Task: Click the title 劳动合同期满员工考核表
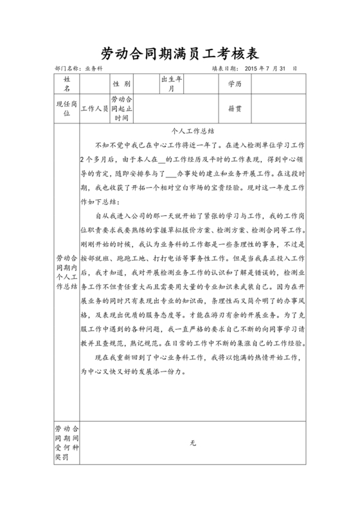pyautogui.click(x=180, y=52)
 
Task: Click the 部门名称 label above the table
pyautogui.click(x=69, y=68)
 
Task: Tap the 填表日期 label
pyautogui.click(x=225, y=68)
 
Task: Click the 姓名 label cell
pyautogui.click(x=67, y=84)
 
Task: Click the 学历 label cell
pyautogui.click(x=235, y=84)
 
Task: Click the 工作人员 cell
pyautogui.click(x=94, y=109)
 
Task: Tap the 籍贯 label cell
pyautogui.click(x=235, y=109)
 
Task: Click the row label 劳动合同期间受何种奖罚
pyautogui.click(x=67, y=443)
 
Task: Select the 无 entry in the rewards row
pyautogui.click(x=192, y=443)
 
